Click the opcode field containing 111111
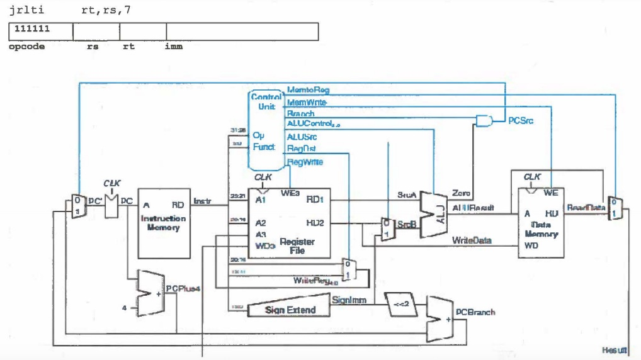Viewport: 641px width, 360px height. click(41, 31)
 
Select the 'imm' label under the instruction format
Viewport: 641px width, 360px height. click(173, 47)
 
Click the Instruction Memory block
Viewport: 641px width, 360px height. click(164, 222)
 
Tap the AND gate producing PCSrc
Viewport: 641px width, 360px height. click(485, 120)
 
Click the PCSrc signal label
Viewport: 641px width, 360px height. click(520, 120)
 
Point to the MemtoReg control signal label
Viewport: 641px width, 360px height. click(308, 90)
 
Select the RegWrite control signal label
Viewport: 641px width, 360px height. click(305, 162)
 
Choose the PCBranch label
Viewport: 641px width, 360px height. click(476, 312)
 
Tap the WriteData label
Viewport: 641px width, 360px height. click(471, 240)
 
